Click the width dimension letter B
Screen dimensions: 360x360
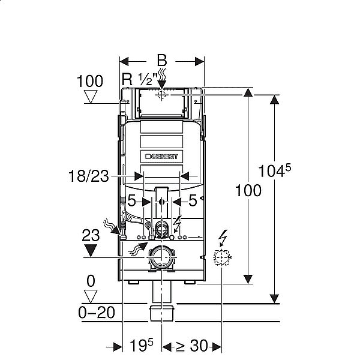click(162, 61)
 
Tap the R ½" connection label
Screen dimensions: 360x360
click(140, 79)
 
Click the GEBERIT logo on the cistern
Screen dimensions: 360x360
click(161, 157)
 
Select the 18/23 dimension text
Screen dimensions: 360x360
click(89, 176)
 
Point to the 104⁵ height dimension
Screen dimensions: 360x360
click(275, 170)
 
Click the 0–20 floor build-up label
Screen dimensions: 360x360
click(97, 313)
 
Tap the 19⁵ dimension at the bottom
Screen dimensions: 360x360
click(142, 345)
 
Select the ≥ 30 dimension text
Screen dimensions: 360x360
click(192, 346)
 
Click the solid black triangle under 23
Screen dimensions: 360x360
click(91, 251)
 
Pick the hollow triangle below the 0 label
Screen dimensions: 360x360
click(91, 296)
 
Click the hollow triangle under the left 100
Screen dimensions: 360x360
click(91, 97)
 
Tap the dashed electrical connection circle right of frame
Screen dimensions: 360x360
click(222, 257)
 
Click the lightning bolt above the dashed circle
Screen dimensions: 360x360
click(223, 238)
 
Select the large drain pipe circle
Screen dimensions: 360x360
click(161, 257)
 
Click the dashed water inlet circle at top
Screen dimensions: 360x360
click(161, 95)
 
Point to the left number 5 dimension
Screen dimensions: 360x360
click(132, 200)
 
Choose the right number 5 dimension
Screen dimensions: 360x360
click(193, 200)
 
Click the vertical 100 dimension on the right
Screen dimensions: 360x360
click(248, 190)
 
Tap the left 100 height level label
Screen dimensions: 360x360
click(90, 81)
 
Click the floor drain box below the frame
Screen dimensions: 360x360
click(162, 313)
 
